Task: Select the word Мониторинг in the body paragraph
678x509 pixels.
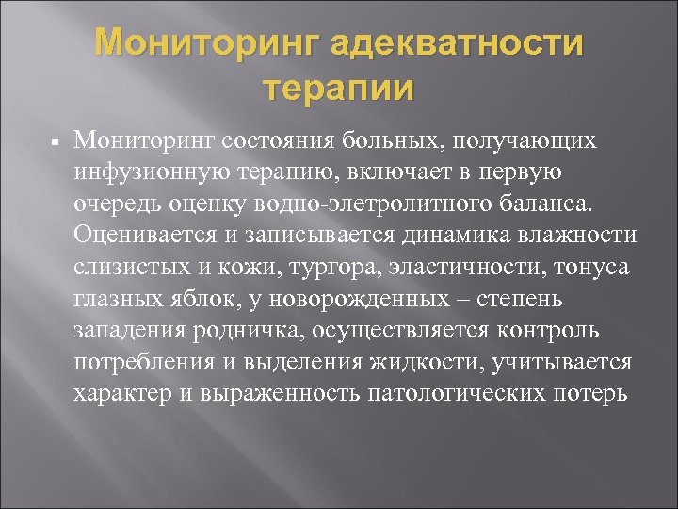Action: tap(146, 140)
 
